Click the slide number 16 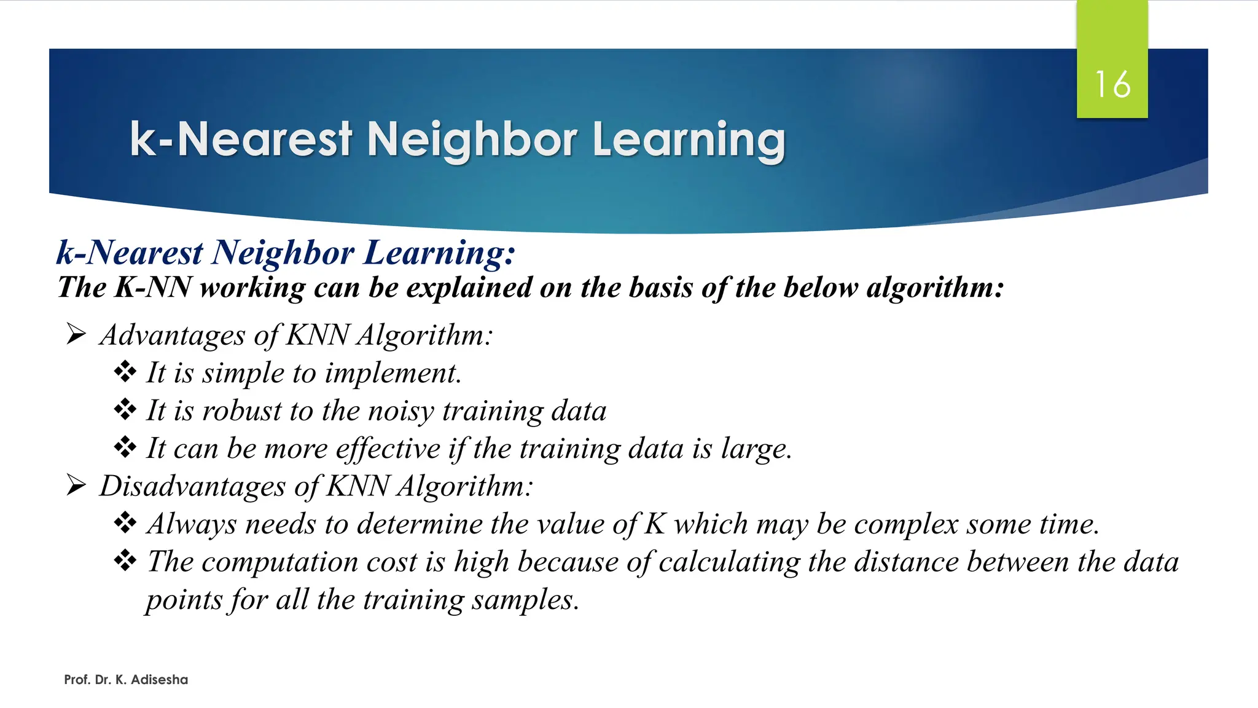pyautogui.click(x=1112, y=84)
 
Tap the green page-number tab pyautogui.click(x=1112, y=37)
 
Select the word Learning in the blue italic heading pyautogui.click(x=439, y=253)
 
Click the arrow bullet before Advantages pyautogui.click(x=76, y=335)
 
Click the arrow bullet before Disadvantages pyautogui.click(x=76, y=486)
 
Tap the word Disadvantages pyautogui.click(x=192, y=487)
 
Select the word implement pyautogui.click(x=393, y=374)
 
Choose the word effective pyautogui.click(x=388, y=449)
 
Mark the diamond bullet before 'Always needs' pyautogui.click(x=125, y=523)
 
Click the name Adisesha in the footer pyautogui.click(x=159, y=680)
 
